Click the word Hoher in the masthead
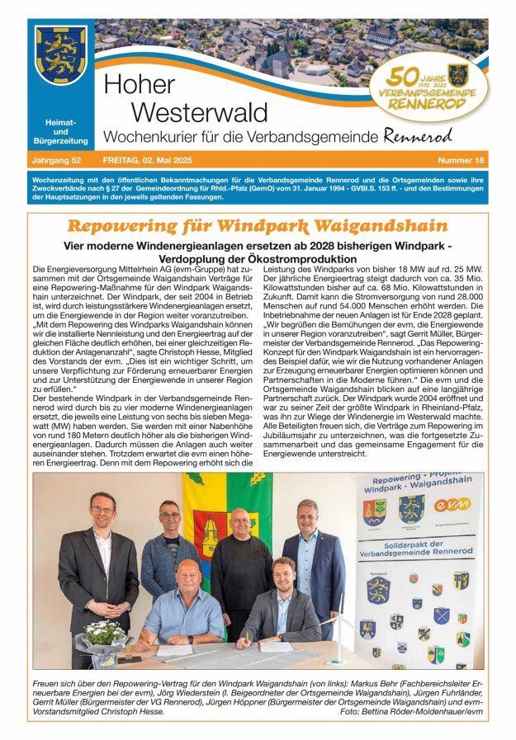pos(140,85)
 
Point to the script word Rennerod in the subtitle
pos(418,136)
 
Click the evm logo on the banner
pos(451,504)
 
